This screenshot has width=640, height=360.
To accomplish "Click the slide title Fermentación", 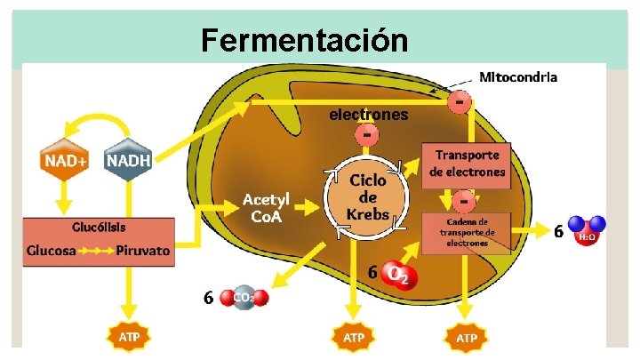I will coord(305,40).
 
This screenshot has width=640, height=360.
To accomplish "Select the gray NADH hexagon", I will coord(129,161).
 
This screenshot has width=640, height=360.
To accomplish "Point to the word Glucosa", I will coord(51,251).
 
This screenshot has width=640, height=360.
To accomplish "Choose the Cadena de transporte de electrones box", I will coord(467,233).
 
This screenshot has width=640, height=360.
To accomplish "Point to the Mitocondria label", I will coord(518,76).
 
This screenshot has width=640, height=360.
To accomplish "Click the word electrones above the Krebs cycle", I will coord(369,115).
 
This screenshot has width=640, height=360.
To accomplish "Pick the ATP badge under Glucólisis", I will coord(129,338).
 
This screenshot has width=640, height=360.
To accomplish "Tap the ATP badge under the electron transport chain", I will coord(466,338).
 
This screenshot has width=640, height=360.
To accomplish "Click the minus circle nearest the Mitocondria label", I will coord(459,100).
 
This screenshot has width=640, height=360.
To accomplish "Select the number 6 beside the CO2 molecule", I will coord(207,298).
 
